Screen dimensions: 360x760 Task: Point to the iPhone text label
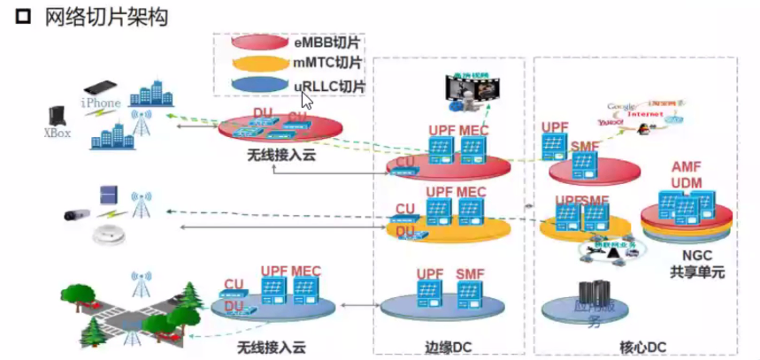tap(101, 103)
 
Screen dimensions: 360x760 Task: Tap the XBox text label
tap(58, 134)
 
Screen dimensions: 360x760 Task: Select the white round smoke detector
tap(108, 236)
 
